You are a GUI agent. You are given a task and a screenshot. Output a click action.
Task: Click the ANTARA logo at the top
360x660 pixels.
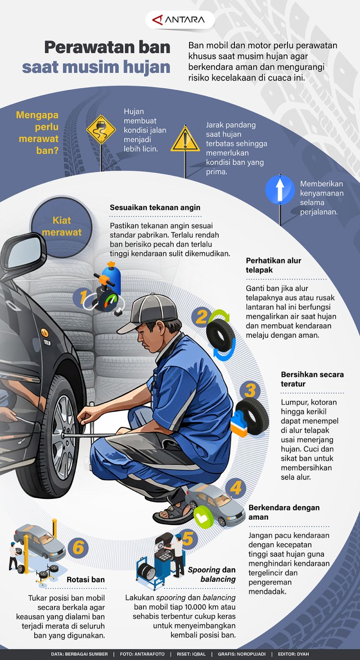[180, 20]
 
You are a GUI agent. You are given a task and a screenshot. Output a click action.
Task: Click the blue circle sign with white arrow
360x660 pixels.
[279, 189]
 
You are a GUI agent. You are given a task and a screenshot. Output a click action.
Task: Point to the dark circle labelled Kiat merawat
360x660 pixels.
[61, 226]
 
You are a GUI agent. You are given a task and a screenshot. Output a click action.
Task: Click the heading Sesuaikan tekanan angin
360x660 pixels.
[155, 207]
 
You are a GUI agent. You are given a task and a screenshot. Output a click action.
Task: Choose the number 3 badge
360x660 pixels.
[250, 391]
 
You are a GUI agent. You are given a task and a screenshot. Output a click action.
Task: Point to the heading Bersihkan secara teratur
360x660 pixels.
[312, 379]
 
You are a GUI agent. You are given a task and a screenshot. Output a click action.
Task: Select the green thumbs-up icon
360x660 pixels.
[203, 516]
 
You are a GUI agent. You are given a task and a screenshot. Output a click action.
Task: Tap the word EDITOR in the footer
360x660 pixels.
[288, 654]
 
